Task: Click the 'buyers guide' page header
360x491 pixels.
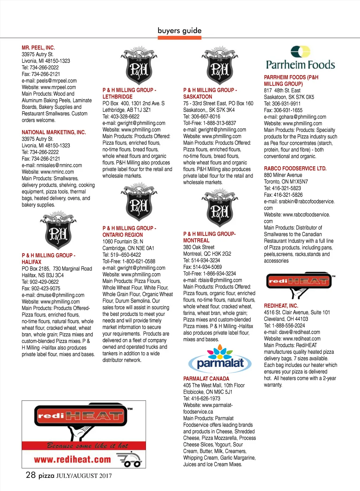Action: point(180,31)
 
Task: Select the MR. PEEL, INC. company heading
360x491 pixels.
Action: point(38,47)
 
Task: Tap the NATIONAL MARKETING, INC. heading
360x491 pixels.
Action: point(54,132)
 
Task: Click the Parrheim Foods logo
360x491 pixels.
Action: point(300,58)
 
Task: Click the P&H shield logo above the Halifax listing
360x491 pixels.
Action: point(58,230)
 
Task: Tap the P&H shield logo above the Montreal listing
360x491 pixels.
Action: point(220,209)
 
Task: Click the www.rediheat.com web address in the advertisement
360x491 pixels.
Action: point(72,459)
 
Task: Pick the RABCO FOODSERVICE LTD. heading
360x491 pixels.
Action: point(295,168)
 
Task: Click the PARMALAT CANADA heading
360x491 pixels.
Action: point(206,379)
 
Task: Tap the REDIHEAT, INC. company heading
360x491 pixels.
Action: point(281,306)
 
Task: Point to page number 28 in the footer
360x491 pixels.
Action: point(31,475)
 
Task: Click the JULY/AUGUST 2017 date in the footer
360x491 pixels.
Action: point(84,476)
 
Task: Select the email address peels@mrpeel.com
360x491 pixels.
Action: point(57,80)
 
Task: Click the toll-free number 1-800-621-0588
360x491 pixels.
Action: point(139,261)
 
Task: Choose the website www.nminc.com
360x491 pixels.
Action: point(57,172)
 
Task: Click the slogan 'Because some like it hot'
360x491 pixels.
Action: point(88,446)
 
